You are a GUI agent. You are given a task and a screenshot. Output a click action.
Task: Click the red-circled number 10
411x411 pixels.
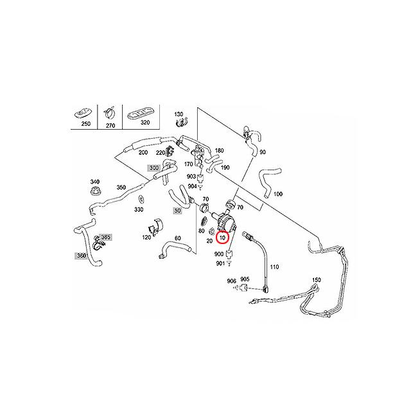click(222, 238)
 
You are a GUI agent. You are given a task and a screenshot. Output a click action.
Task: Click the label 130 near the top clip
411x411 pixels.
click(179, 114)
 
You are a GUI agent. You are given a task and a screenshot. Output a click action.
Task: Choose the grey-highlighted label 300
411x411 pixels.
click(153, 168)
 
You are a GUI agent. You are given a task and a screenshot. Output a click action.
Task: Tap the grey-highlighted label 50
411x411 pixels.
click(177, 210)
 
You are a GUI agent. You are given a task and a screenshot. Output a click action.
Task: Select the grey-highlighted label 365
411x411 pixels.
click(105, 238)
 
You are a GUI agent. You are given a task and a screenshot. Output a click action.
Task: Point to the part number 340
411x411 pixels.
click(94, 182)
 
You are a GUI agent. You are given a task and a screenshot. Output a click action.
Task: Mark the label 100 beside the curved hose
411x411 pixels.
click(278, 193)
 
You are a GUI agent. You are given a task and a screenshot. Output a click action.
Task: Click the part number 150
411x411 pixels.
click(315, 281)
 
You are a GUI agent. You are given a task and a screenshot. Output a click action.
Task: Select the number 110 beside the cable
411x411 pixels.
click(274, 267)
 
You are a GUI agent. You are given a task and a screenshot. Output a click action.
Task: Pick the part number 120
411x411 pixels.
click(147, 237)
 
